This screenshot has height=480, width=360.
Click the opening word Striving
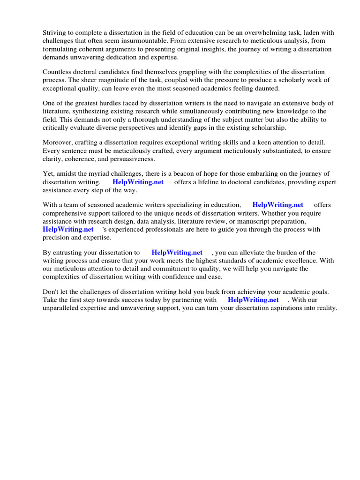55,32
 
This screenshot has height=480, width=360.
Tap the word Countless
58,72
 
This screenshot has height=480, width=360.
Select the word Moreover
58,142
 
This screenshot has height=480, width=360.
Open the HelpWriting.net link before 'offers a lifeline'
138,182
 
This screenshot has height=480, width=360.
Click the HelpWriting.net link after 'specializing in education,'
277,205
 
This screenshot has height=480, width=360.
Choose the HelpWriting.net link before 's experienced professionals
68,229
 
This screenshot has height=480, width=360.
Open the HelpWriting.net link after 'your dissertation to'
177,253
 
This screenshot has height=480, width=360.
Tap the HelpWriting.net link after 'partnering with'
253,300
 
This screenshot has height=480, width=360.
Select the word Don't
51,292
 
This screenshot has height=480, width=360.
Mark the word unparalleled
62,308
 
